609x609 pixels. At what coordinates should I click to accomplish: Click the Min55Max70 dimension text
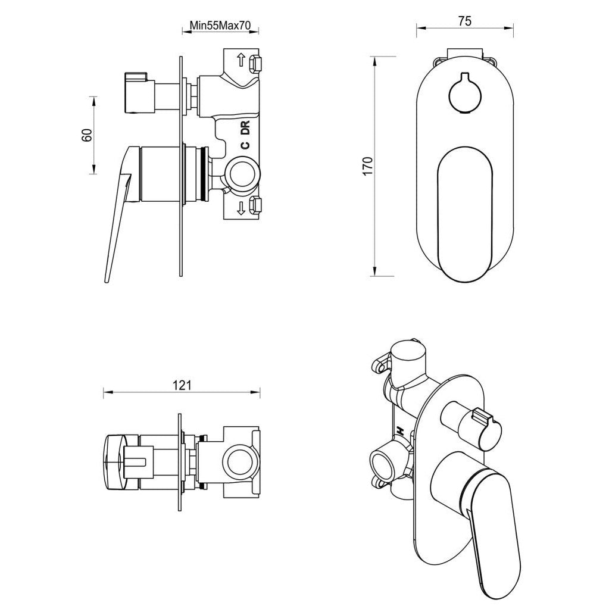(x=220, y=26)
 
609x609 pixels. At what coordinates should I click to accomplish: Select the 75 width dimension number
(x=465, y=21)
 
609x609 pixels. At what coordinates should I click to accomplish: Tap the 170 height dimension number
(x=368, y=165)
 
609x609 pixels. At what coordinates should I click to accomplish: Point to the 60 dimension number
(x=87, y=135)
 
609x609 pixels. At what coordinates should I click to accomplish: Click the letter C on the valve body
(x=245, y=145)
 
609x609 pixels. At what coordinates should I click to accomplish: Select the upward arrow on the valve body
(x=241, y=60)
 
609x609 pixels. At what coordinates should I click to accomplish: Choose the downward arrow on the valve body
(x=241, y=208)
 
